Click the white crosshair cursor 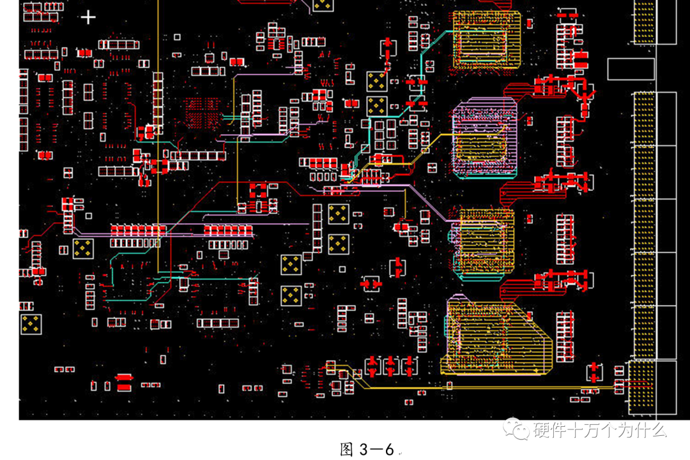[88, 17]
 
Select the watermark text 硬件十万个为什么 [600, 430]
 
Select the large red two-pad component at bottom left [123, 382]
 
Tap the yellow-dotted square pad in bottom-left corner [31, 323]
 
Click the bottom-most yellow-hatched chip [495, 337]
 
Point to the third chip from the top [482, 242]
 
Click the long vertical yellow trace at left [158, 160]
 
